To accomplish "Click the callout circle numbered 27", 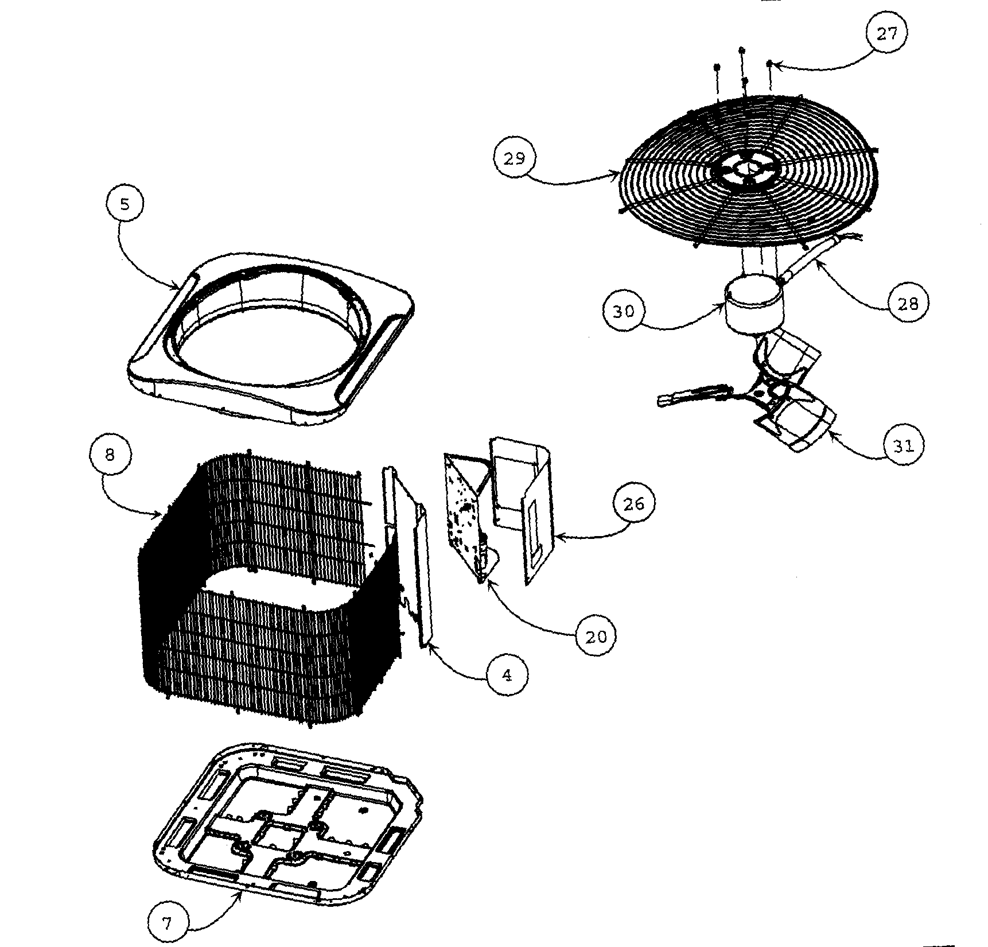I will (x=886, y=33).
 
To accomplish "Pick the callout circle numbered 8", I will (x=110, y=455).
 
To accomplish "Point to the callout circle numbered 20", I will (x=597, y=635).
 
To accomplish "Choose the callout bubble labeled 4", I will (x=507, y=675).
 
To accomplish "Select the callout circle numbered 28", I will (x=908, y=303).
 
